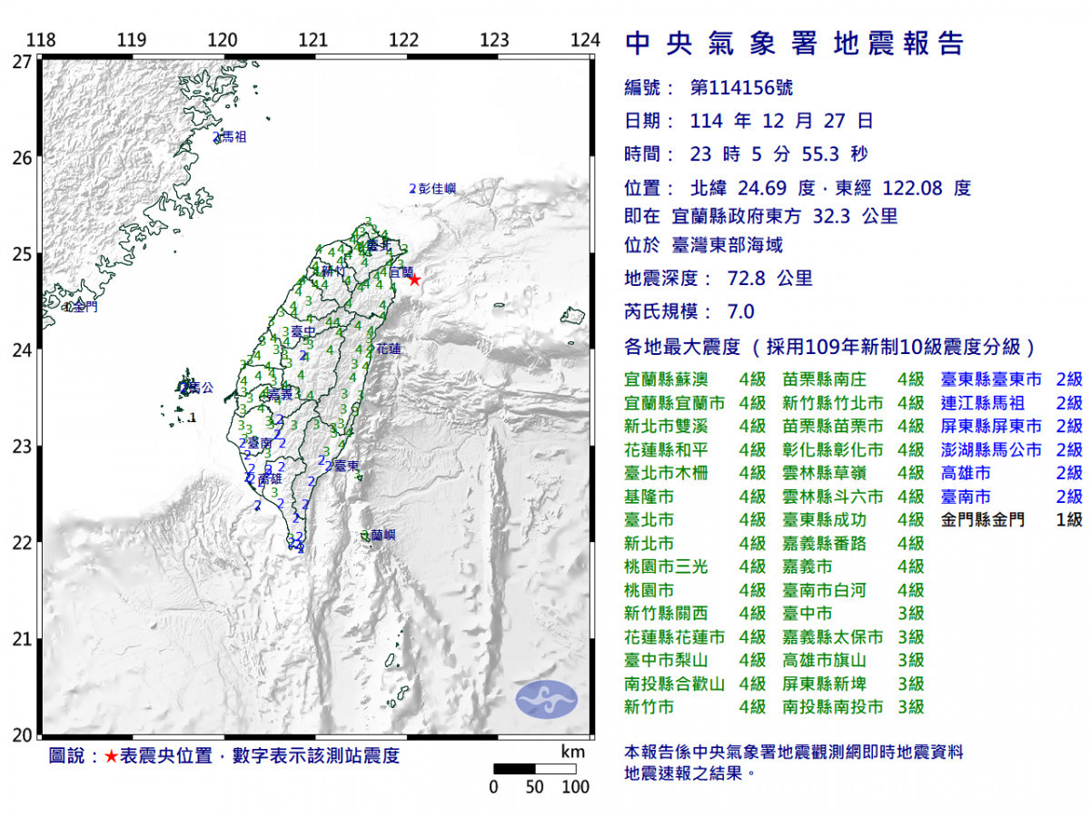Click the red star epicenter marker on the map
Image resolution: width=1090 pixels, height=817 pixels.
(x=414, y=280)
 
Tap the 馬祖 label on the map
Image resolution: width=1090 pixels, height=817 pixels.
(x=233, y=138)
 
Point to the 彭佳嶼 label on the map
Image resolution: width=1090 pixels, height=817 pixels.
(x=436, y=190)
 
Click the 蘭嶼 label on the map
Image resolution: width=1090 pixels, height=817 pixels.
(x=382, y=536)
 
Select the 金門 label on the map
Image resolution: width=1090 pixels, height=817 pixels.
(x=84, y=307)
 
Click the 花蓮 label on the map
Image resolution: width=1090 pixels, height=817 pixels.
(x=388, y=348)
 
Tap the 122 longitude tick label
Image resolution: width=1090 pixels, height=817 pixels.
(x=403, y=41)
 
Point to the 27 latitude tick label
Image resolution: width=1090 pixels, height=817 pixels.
(x=23, y=62)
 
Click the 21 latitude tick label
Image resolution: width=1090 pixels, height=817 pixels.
(x=23, y=639)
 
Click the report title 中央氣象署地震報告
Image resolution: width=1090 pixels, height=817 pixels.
(x=795, y=44)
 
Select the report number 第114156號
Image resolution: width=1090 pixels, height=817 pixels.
(x=741, y=88)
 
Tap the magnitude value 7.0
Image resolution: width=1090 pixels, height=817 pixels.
(x=741, y=312)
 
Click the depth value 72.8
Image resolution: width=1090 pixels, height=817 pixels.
(x=745, y=279)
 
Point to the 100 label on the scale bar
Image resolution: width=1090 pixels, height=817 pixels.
(x=576, y=787)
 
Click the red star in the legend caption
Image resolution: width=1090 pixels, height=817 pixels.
(x=110, y=756)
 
